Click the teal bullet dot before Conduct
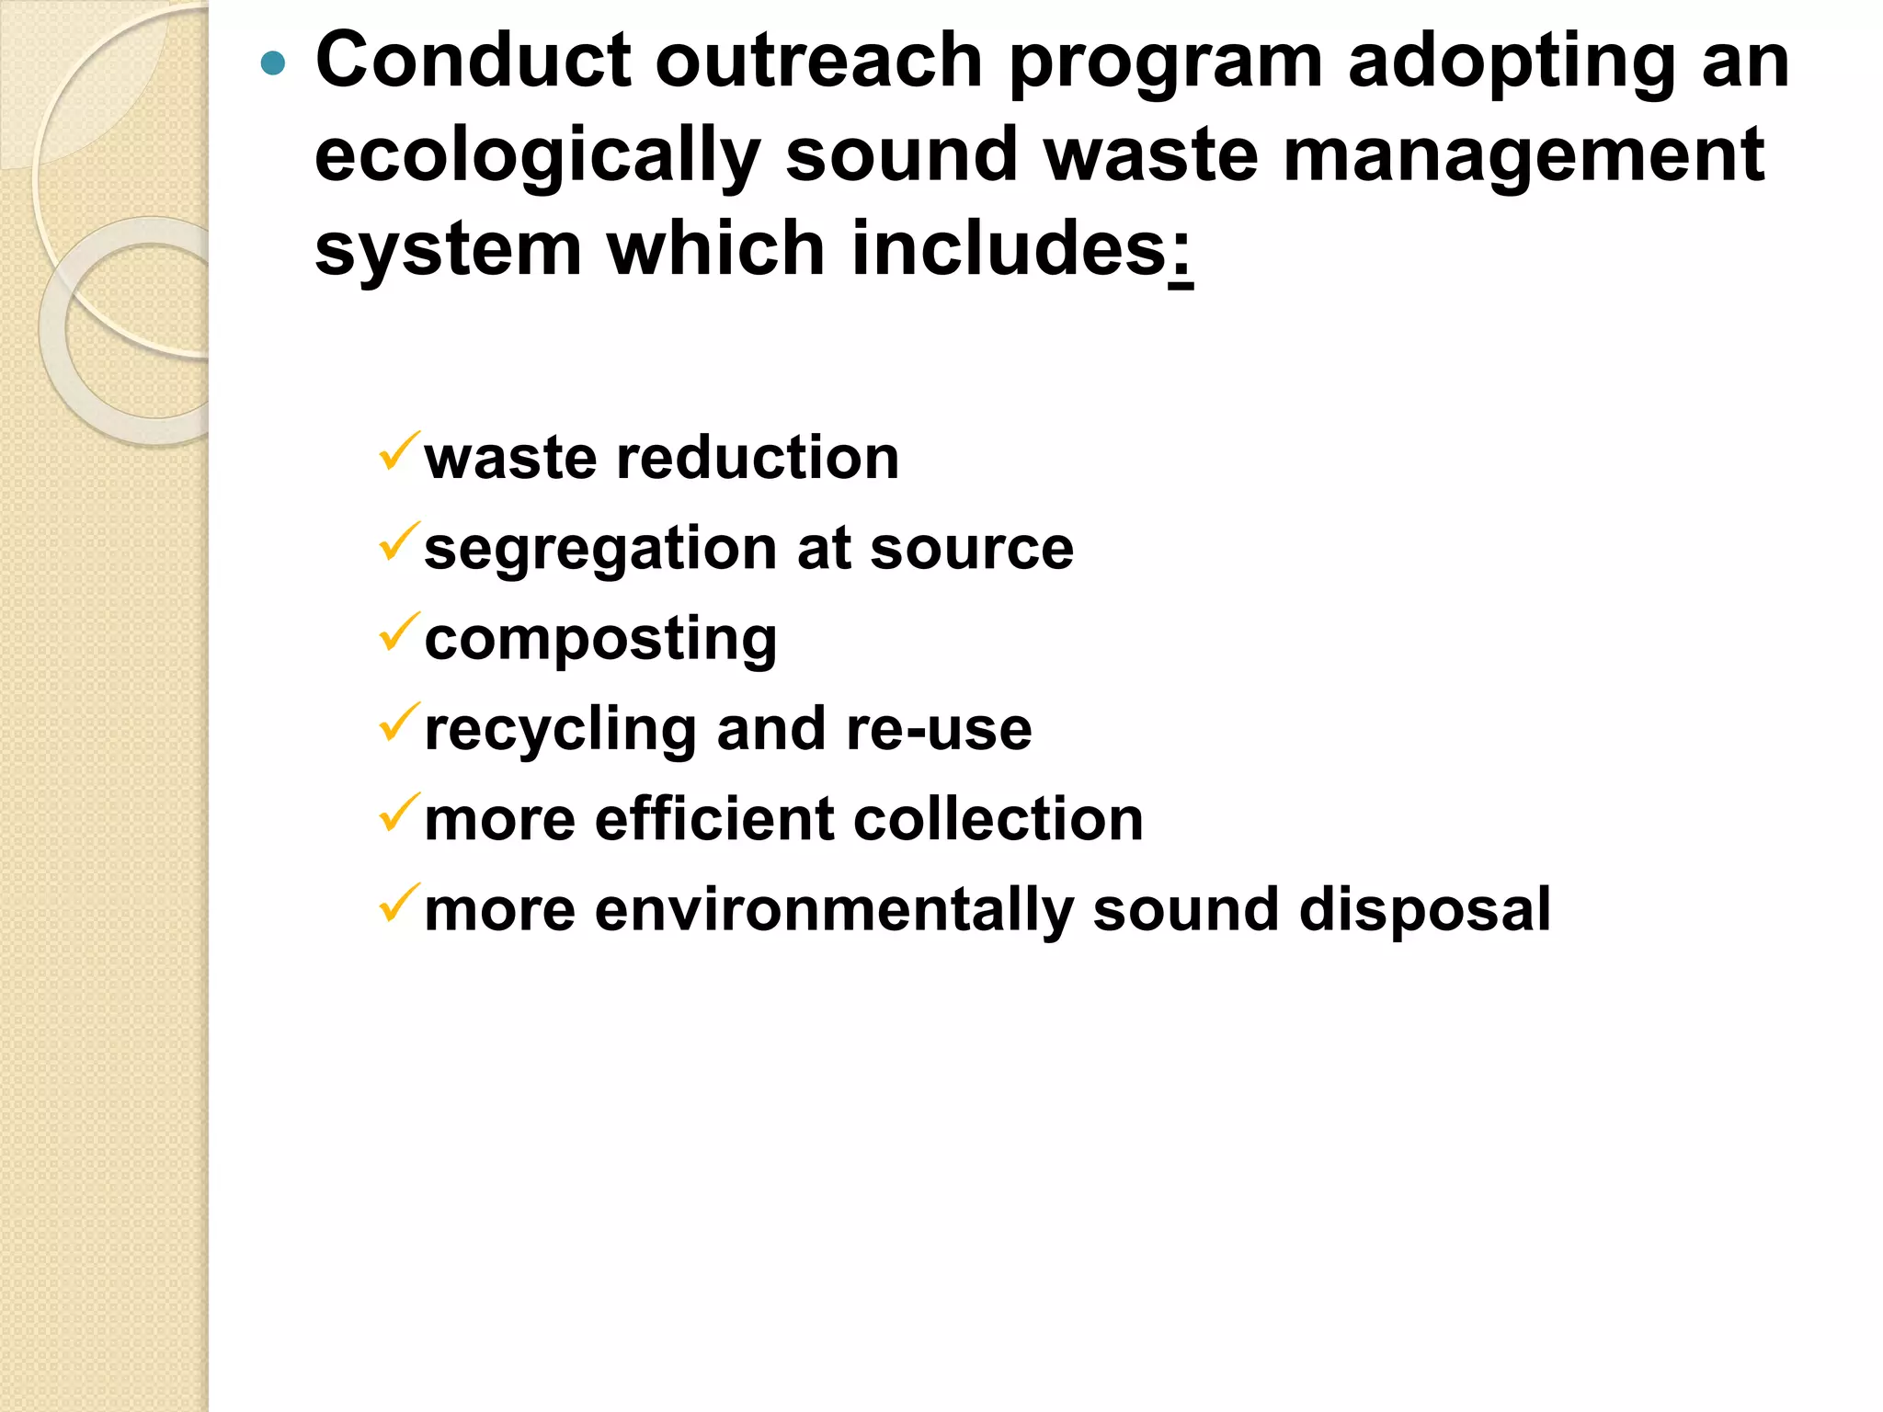[274, 63]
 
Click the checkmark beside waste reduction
[399, 451]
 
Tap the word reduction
[758, 457]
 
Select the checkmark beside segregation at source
[399, 541]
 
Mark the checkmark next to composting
[399, 632]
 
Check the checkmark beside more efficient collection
[399, 813]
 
